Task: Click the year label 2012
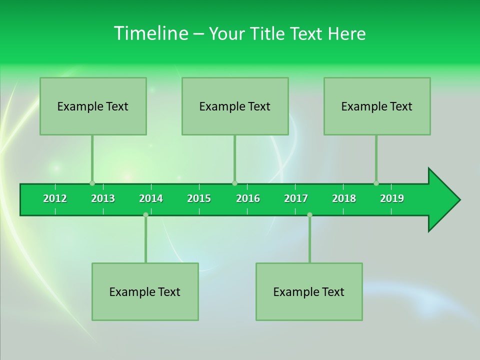(x=55, y=198)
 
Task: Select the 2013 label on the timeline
(x=103, y=198)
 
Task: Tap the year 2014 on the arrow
(x=151, y=198)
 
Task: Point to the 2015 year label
(x=199, y=198)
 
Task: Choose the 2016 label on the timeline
(x=248, y=198)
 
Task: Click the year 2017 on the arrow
(x=296, y=198)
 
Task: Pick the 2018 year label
(x=344, y=198)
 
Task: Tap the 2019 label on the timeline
(x=392, y=198)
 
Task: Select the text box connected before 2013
(x=93, y=106)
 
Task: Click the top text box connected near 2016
(x=235, y=106)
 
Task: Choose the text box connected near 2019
(x=377, y=106)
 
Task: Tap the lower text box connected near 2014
(x=145, y=291)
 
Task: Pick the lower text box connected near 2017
(x=309, y=291)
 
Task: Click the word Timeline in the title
(x=150, y=33)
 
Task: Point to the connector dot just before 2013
(x=92, y=183)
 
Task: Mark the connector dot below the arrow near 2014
(x=145, y=214)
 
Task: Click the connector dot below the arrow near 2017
(x=309, y=214)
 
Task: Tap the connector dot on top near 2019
(x=376, y=183)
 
